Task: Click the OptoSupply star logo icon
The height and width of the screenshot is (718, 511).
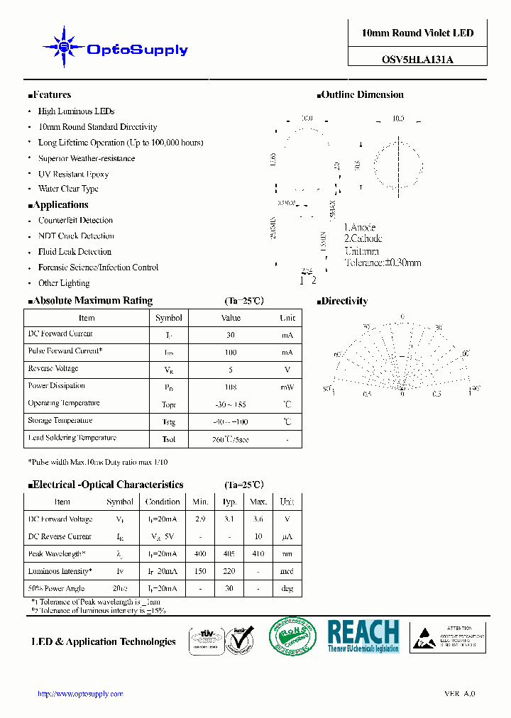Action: coord(64,48)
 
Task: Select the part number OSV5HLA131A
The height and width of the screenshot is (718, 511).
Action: coord(417,60)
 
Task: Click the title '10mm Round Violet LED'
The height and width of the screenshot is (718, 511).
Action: coord(417,33)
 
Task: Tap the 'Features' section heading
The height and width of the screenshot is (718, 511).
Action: coord(52,95)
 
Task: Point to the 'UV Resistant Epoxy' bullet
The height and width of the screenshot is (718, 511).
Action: coord(73,174)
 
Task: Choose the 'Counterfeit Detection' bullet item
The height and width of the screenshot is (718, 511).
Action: coord(75,221)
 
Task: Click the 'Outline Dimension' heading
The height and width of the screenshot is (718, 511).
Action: coord(362,95)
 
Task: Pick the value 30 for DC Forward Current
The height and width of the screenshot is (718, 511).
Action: coord(231,334)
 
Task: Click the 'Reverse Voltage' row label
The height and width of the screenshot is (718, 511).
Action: coord(53,369)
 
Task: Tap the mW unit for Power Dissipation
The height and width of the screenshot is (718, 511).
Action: coord(287,387)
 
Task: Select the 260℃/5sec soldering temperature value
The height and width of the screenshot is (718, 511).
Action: coord(231,439)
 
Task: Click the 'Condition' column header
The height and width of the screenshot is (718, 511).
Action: coord(163,502)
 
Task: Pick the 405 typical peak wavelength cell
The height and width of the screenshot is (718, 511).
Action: coord(229,554)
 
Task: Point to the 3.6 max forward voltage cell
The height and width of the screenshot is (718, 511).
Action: coord(258,519)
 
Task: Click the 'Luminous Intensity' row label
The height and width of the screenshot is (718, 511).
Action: coord(60,571)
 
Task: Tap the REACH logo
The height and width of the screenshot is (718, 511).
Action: coord(363,636)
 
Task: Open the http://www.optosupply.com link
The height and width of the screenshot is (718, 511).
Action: coord(80,694)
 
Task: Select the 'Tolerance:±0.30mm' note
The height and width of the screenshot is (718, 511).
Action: coord(383,263)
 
